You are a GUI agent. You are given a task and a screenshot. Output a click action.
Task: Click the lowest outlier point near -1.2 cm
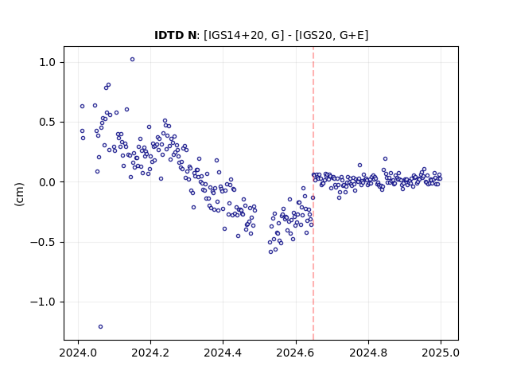coord(101,327)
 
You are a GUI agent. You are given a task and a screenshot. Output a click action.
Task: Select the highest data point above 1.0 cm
coord(133,60)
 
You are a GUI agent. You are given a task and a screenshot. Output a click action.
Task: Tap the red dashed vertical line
coord(313,193)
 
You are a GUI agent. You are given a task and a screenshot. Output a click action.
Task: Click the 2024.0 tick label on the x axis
coord(78,353)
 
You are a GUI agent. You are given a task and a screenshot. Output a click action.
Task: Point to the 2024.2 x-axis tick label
coord(150,353)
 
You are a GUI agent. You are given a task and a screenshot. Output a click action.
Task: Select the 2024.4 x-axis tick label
coord(223,353)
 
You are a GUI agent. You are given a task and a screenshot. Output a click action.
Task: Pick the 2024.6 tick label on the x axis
coord(296,353)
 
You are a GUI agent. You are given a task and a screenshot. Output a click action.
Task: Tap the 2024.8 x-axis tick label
coord(368,353)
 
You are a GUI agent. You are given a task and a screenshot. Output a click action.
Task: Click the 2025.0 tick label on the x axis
coord(441,353)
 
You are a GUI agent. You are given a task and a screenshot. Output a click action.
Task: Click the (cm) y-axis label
coord(19,194)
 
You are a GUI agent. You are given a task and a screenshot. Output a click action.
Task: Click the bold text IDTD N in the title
coord(175,35)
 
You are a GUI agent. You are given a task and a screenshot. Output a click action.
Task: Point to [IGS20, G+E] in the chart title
coord(332,35)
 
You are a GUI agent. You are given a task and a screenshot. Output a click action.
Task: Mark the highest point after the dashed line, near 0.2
coord(385,159)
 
